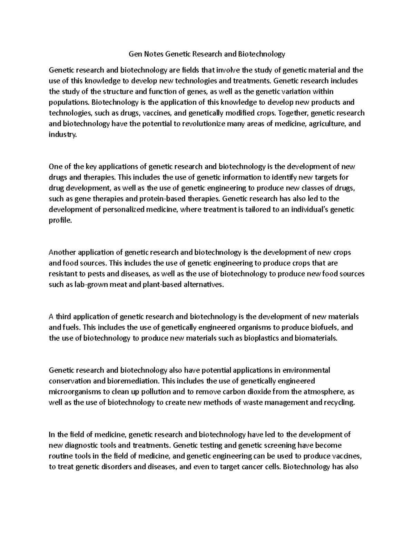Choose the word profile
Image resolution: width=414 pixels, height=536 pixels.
tap(60, 220)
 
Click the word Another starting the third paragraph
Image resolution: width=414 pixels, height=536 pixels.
tap(62, 252)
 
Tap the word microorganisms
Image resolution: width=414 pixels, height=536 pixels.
tap(75, 392)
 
